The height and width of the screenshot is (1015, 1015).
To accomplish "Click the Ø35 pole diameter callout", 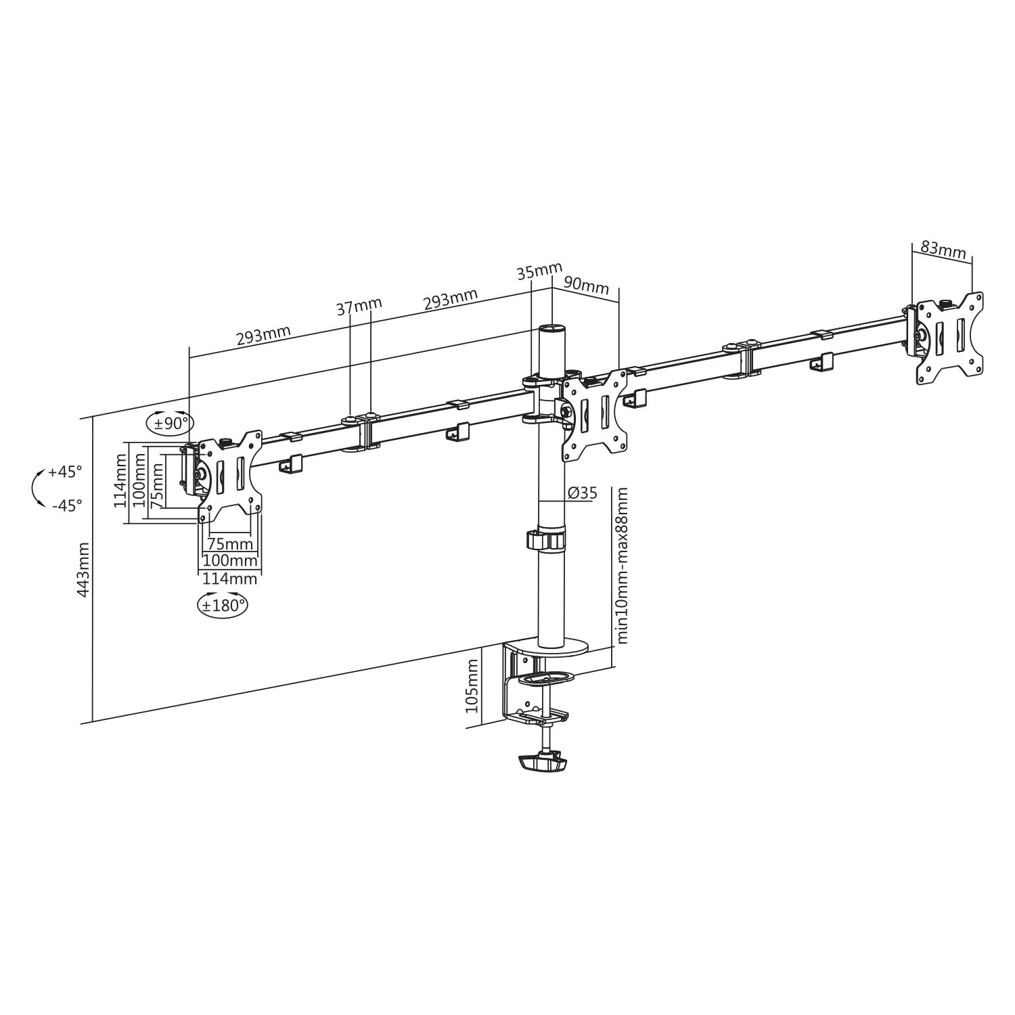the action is (583, 493).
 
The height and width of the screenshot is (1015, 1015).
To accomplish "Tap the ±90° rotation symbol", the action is (170, 424).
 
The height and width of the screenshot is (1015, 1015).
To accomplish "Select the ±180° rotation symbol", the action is (222, 604).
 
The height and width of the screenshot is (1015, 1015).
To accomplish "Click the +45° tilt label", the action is (65, 472).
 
